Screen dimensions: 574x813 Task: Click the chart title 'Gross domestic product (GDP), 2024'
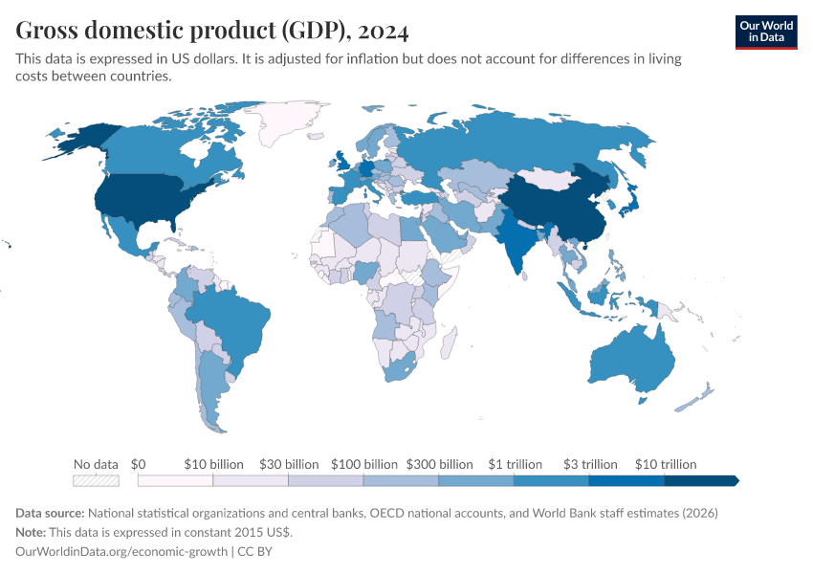coord(212,31)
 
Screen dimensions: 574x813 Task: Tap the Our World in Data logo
coord(766,32)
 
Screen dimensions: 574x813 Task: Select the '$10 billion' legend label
coord(213,464)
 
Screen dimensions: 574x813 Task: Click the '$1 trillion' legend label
coord(515,464)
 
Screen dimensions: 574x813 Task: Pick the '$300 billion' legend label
coord(438,464)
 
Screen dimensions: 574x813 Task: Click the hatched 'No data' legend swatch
coord(97,480)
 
